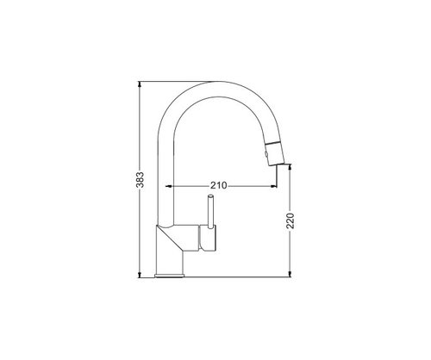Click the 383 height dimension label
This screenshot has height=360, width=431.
(x=140, y=180)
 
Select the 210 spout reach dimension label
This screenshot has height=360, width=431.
(x=219, y=185)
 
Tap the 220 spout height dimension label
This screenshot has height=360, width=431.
(x=290, y=220)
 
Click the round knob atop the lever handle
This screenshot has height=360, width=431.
(x=210, y=196)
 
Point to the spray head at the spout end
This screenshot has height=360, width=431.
(x=275, y=153)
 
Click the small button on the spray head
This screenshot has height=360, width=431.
(x=266, y=155)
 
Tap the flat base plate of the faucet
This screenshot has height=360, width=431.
(x=170, y=276)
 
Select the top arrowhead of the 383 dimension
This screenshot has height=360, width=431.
(x=140, y=84)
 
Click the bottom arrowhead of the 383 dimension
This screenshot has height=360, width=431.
(x=140, y=275)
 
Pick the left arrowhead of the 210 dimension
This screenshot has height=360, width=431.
(x=169, y=186)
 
